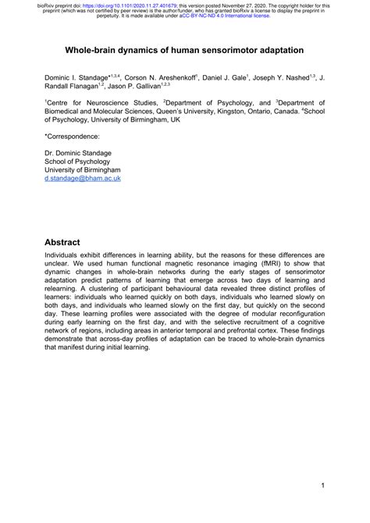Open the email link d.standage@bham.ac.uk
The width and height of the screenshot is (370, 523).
[x=82, y=200]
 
